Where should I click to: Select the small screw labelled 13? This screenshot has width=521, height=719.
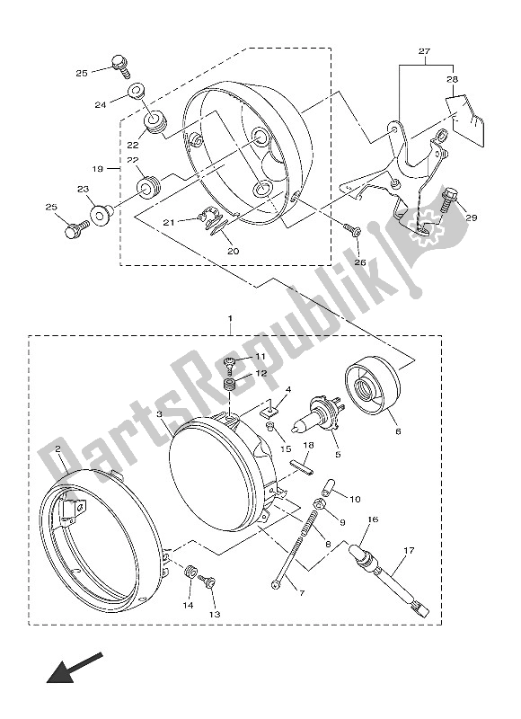(x=208, y=585)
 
